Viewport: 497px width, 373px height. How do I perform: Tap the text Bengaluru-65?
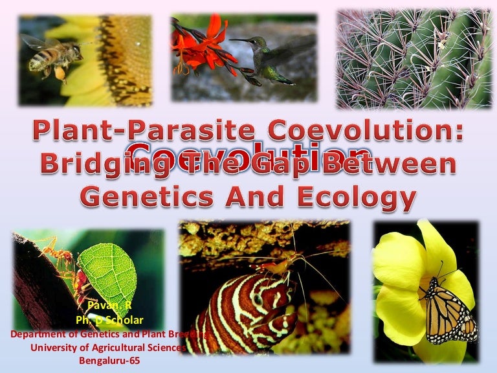[107, 361]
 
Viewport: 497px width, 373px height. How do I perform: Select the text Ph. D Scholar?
[107, 322]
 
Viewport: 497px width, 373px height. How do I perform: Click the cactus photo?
[414, 58]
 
